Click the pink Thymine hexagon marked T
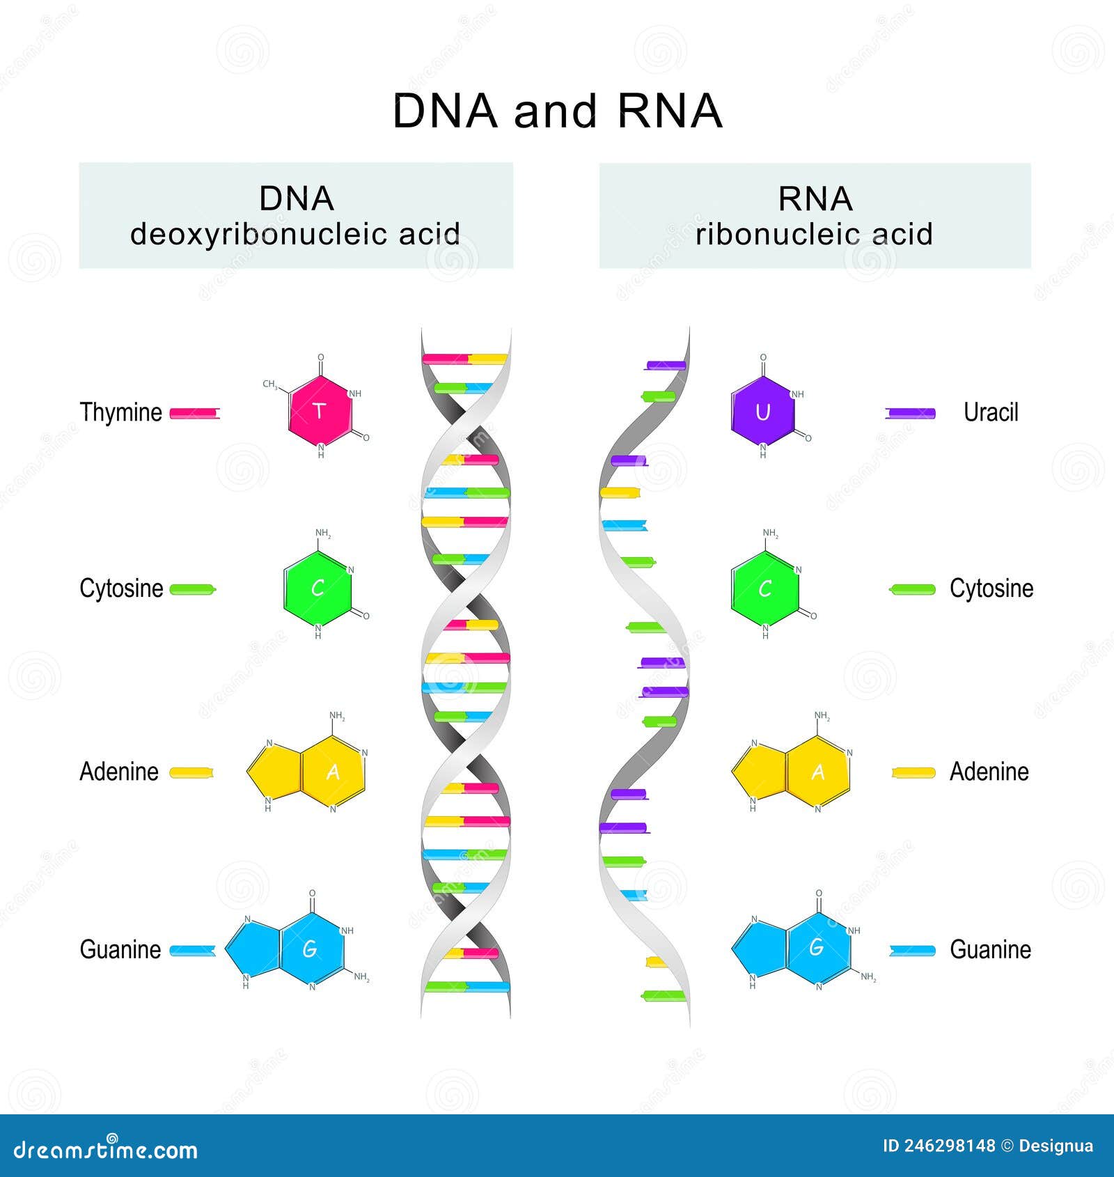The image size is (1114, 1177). [x=320, y=411]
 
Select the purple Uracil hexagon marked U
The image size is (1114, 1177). [x=762, y=412]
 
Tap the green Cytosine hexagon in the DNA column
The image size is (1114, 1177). [x=317, y=588]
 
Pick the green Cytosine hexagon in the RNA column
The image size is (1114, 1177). [x=764, y=589]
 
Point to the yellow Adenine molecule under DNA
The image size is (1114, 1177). [x=307, y=771]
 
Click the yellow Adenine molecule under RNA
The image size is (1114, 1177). [x=792, y=772]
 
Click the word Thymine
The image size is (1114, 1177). [x=120, y=412]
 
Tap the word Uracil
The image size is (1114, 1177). [x=990, y=412]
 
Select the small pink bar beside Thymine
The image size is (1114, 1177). [x=195, y=414]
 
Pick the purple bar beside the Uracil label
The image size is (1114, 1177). [x=910, y=414]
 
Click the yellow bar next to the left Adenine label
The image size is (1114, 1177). [x=191, y=772]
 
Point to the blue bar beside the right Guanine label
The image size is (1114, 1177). [x=912, y=951]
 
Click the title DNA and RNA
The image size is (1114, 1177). [x=557, y=111]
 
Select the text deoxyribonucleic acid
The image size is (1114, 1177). [x=295, y=234]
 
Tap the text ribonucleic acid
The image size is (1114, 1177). [x=814, y=234]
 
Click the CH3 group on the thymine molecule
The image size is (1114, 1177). [x=270, y=384]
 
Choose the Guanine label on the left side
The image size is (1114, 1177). [x=120, y=949]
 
